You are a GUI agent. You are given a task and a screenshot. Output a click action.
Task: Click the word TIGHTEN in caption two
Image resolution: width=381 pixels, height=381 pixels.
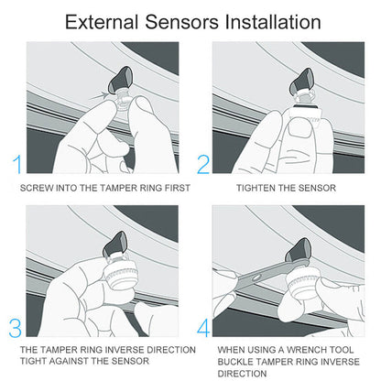(x=258, y=188)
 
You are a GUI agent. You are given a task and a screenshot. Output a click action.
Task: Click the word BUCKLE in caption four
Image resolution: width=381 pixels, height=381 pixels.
(x=241, y=362)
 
